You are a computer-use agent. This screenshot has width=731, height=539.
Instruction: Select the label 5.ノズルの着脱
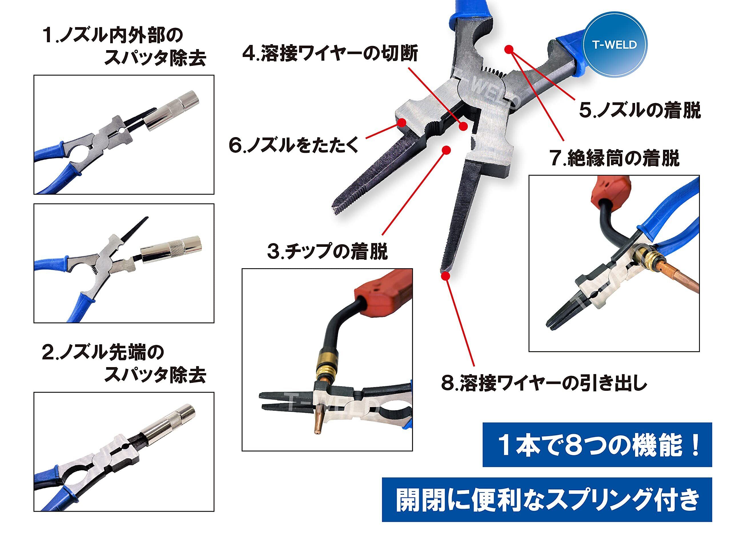640,111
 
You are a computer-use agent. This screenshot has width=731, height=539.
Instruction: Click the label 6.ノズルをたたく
294,145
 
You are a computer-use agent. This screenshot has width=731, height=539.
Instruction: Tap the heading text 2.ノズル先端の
103,352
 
